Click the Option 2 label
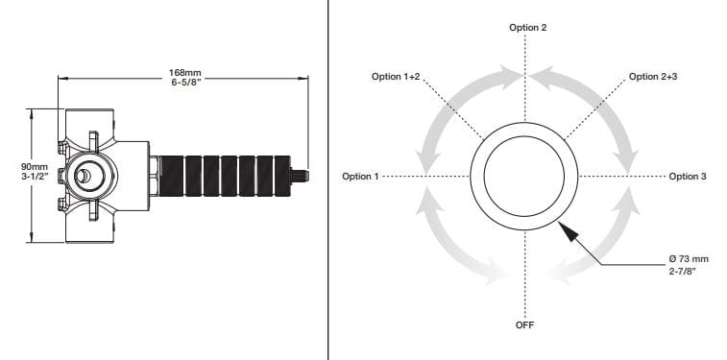(527, 27)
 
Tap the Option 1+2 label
(396, 77)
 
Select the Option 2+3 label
(653, 77)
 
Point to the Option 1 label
(360, 177)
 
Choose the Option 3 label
(688, 177)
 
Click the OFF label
(525, 324)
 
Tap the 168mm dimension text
(185, 73)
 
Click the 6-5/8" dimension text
(185, 83)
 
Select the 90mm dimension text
(35, 166)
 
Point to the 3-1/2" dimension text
(35, 176)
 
